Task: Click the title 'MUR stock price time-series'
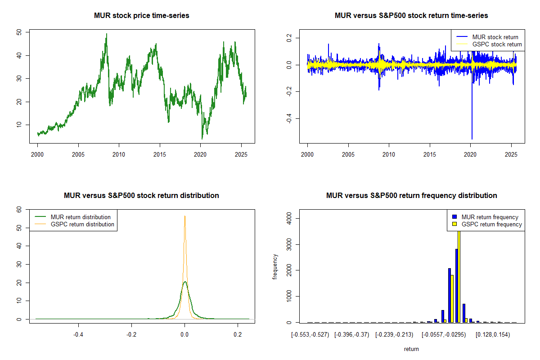click(142, 16)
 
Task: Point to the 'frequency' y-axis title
click(276, 266)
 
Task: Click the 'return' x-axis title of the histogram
click(411, 349)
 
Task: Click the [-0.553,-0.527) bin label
click(310, 335)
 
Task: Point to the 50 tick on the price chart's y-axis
click(18, 32)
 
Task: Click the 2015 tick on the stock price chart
click(160, 153)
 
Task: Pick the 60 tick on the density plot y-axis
click(18, 209)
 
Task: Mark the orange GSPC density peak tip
click(184, 216)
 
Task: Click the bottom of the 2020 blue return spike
click(472, 139)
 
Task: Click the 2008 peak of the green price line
click(107, 34)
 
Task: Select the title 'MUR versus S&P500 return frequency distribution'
click(411, 196)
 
